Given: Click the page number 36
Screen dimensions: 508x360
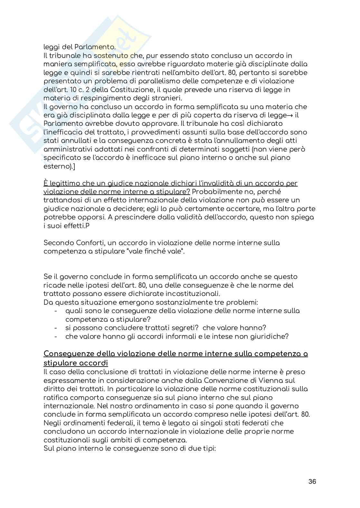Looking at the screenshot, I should (312, 482).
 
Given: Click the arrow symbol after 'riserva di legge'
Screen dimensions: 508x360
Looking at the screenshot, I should (291, 115).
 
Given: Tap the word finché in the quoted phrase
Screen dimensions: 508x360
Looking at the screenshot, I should (155, 251).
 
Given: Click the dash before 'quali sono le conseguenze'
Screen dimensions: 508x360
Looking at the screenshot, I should (56, 311).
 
